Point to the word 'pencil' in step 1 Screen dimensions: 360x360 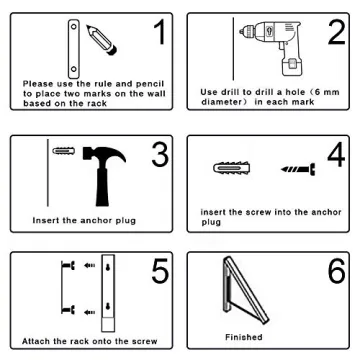(125, 83)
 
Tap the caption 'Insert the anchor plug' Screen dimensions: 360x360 (70, 217)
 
